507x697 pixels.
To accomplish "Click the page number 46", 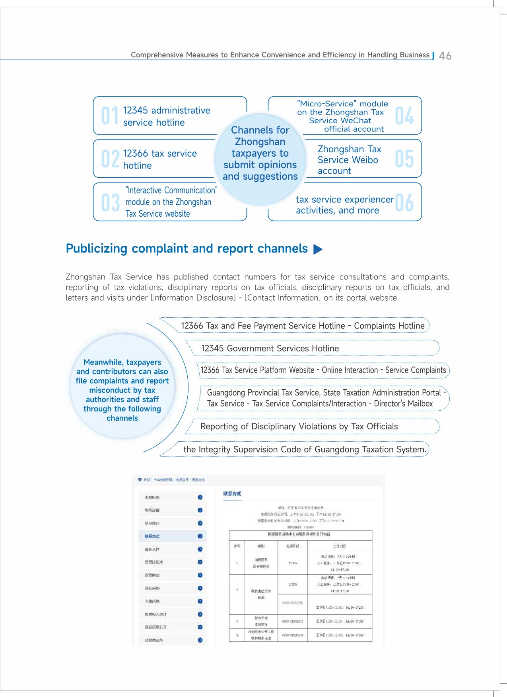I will pyautogui.click(x=445, y=56).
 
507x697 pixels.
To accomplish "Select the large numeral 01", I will pyautogui.click(x=109, y=116).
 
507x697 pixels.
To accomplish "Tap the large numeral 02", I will pyautogui.click(x=110, y=159).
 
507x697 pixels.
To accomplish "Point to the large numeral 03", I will pyautogui.click(x=110, y=202).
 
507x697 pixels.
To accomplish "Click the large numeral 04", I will pyautogui.click(x=404, y=116).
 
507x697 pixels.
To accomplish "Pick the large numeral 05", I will pyautogui.click(x=404, y=159).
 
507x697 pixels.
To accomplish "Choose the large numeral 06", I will pyautogui.click(x=404, y=202).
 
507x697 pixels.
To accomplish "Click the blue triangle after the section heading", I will pyautogui.click(x=318, y=249).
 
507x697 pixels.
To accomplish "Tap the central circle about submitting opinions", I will pyautogui.click(x=260, y=153).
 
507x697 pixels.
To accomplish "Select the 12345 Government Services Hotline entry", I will pyautogui.click(x=270, y=348).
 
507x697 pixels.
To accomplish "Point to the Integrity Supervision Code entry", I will pyautogui.click(x=305, y=449).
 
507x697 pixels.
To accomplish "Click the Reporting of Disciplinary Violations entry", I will pyautogui.click(x=299, y=427).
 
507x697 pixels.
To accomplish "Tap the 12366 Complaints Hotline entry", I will pyautogui.click(x=303, y=326).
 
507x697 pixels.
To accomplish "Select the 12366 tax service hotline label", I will pyautogui.click(x=160, y=159).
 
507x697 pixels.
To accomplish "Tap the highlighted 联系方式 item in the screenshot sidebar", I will pyautogui.click(x=152, y=536).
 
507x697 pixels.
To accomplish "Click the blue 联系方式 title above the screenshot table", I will pyautogui.click(x=232, y=494).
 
